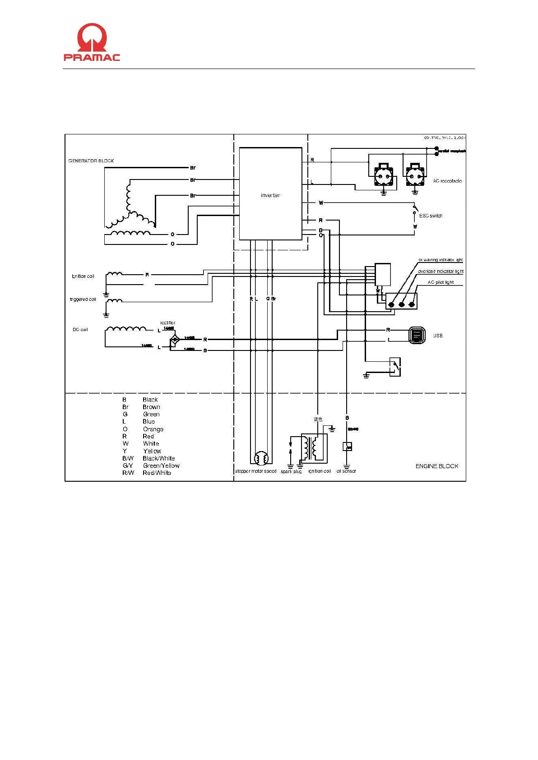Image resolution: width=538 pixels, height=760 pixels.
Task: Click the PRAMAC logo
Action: [92, 42]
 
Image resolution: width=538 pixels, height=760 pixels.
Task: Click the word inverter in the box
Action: [270, 195]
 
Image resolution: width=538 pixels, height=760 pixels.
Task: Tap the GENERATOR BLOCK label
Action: [91, 161]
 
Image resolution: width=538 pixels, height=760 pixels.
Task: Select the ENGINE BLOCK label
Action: [436, 466]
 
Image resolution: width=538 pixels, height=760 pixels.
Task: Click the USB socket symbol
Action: [417, 335]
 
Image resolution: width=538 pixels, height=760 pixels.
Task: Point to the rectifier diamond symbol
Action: [174, 339]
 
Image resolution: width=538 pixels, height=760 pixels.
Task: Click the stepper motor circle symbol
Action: [261, 458]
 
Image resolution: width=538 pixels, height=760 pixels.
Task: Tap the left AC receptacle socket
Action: [383, 176]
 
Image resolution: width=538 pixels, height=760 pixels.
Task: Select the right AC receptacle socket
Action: [415, 176]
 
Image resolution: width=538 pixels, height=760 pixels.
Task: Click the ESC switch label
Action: [431, 216]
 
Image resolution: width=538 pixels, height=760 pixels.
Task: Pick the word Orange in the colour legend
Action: [153, 429]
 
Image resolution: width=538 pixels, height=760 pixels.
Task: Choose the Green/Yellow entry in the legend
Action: [161, 465]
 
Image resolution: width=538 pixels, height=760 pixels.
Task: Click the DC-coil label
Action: [80, 330]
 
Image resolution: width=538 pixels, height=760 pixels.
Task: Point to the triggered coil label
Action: [83, 299]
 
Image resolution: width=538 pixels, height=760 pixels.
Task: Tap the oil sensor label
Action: [346, 471]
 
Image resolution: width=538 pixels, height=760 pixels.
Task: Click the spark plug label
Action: [291, 471]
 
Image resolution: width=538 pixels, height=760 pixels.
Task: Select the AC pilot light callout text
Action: [441, 282]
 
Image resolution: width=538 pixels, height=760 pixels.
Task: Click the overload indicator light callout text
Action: [440, 272]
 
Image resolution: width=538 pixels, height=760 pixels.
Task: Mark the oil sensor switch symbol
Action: [347, 447]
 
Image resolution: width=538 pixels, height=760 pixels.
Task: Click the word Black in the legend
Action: [150, 400]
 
